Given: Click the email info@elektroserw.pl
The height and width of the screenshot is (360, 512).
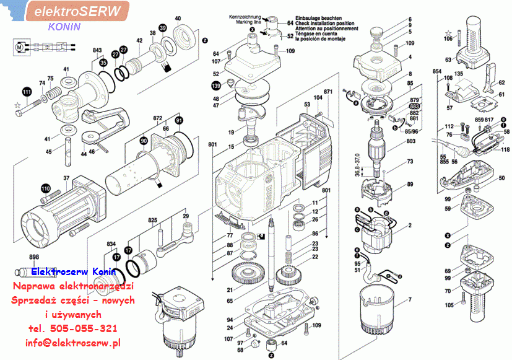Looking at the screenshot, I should (x=73, y=343).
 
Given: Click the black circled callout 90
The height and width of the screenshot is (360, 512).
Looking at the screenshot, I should (x=143, y=141).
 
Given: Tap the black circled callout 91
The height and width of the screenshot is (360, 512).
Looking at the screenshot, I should (x=179, y=120).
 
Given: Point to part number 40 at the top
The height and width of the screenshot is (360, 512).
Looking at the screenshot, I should (x=178, y=18).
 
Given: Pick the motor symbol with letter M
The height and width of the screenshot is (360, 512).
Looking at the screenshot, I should (x=20, y=46).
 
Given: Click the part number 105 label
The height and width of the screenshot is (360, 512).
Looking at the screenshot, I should (x=449, y=305).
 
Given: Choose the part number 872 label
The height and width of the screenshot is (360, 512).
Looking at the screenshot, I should (x=157, y=117).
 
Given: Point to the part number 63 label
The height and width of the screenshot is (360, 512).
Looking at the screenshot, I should (x=448, y=60).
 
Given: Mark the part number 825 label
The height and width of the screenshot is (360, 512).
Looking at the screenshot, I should (x=153, y=220).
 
